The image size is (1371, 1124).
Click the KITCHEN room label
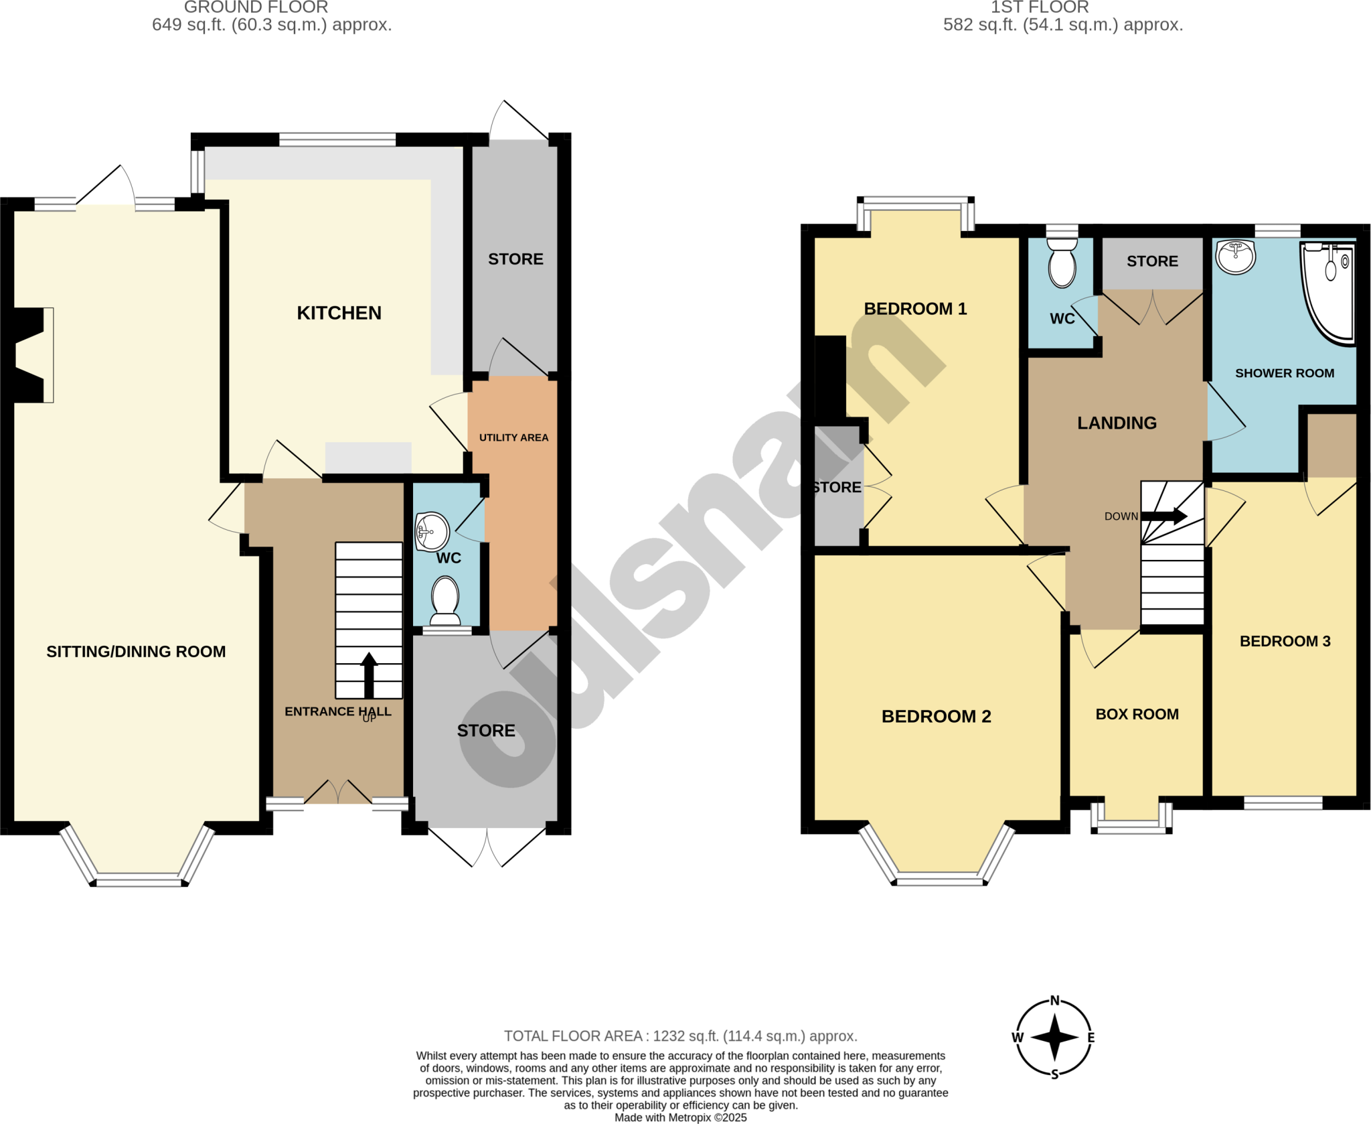coord(339,313)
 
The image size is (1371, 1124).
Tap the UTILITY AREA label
coord(513,437)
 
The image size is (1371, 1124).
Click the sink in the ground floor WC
coord(432,532)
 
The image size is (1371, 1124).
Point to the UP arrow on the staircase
coord(369,675)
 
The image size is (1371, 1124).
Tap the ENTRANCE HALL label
coord(337,711)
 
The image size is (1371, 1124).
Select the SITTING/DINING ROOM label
coord(136,651)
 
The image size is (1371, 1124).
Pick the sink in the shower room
coord(1235,257)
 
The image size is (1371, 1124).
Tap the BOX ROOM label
coord(1137,714)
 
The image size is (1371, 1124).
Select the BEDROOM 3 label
coord(1285,641)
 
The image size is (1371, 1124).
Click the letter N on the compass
coord(1055,1001)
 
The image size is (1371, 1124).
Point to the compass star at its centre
coord(1054,1038)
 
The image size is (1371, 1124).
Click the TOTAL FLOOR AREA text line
coord(680,1036)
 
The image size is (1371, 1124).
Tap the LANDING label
coord(1117,423)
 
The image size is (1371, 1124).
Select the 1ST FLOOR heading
coord(1040,7)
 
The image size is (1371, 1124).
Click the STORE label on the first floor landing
coord(1152,261)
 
